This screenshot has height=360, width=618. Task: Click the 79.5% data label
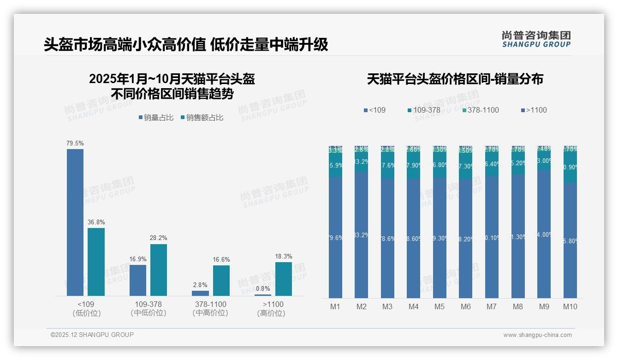75,144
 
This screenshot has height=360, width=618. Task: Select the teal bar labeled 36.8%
96,262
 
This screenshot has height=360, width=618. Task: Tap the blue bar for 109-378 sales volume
138,280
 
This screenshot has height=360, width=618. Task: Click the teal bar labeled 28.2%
159,270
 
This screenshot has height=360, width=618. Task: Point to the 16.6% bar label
221,259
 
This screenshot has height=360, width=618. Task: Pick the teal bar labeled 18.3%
284,279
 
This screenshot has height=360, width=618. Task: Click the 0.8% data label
262,289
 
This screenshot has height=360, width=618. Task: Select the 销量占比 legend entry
156,118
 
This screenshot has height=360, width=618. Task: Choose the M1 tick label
335,306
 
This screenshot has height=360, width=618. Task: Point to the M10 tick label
570,306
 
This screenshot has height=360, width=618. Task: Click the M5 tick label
440,306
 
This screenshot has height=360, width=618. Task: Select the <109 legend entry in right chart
374,110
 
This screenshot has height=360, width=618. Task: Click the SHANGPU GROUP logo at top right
536,39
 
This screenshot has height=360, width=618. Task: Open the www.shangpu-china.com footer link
537,335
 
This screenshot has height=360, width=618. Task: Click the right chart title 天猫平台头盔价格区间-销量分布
455,79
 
